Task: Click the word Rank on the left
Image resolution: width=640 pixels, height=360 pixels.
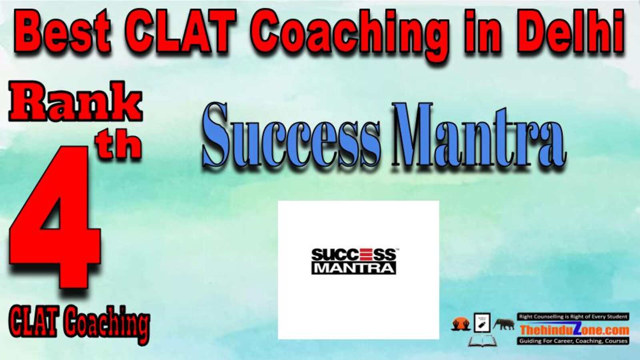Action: pyautogui.click(x=76, y=102)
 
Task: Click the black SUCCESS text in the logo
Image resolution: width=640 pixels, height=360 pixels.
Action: pyautogui.click(x=354, y=254)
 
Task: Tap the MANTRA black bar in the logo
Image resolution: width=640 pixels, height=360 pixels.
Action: pyautogui.click(x=354, y=268)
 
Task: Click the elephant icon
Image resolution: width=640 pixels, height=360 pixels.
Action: pyautogui.click(x=504, y=324)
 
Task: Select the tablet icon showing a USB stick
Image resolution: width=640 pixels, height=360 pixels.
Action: pyautogui.click(x=482, y=322)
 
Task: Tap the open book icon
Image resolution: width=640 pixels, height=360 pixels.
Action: pyautogui.click(x=482, y=341)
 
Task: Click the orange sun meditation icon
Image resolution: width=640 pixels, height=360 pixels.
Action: pyautogui.click(x=461, y=324)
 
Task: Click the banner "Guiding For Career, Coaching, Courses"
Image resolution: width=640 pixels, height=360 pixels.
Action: pyautogui.click(x=573, y=341)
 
